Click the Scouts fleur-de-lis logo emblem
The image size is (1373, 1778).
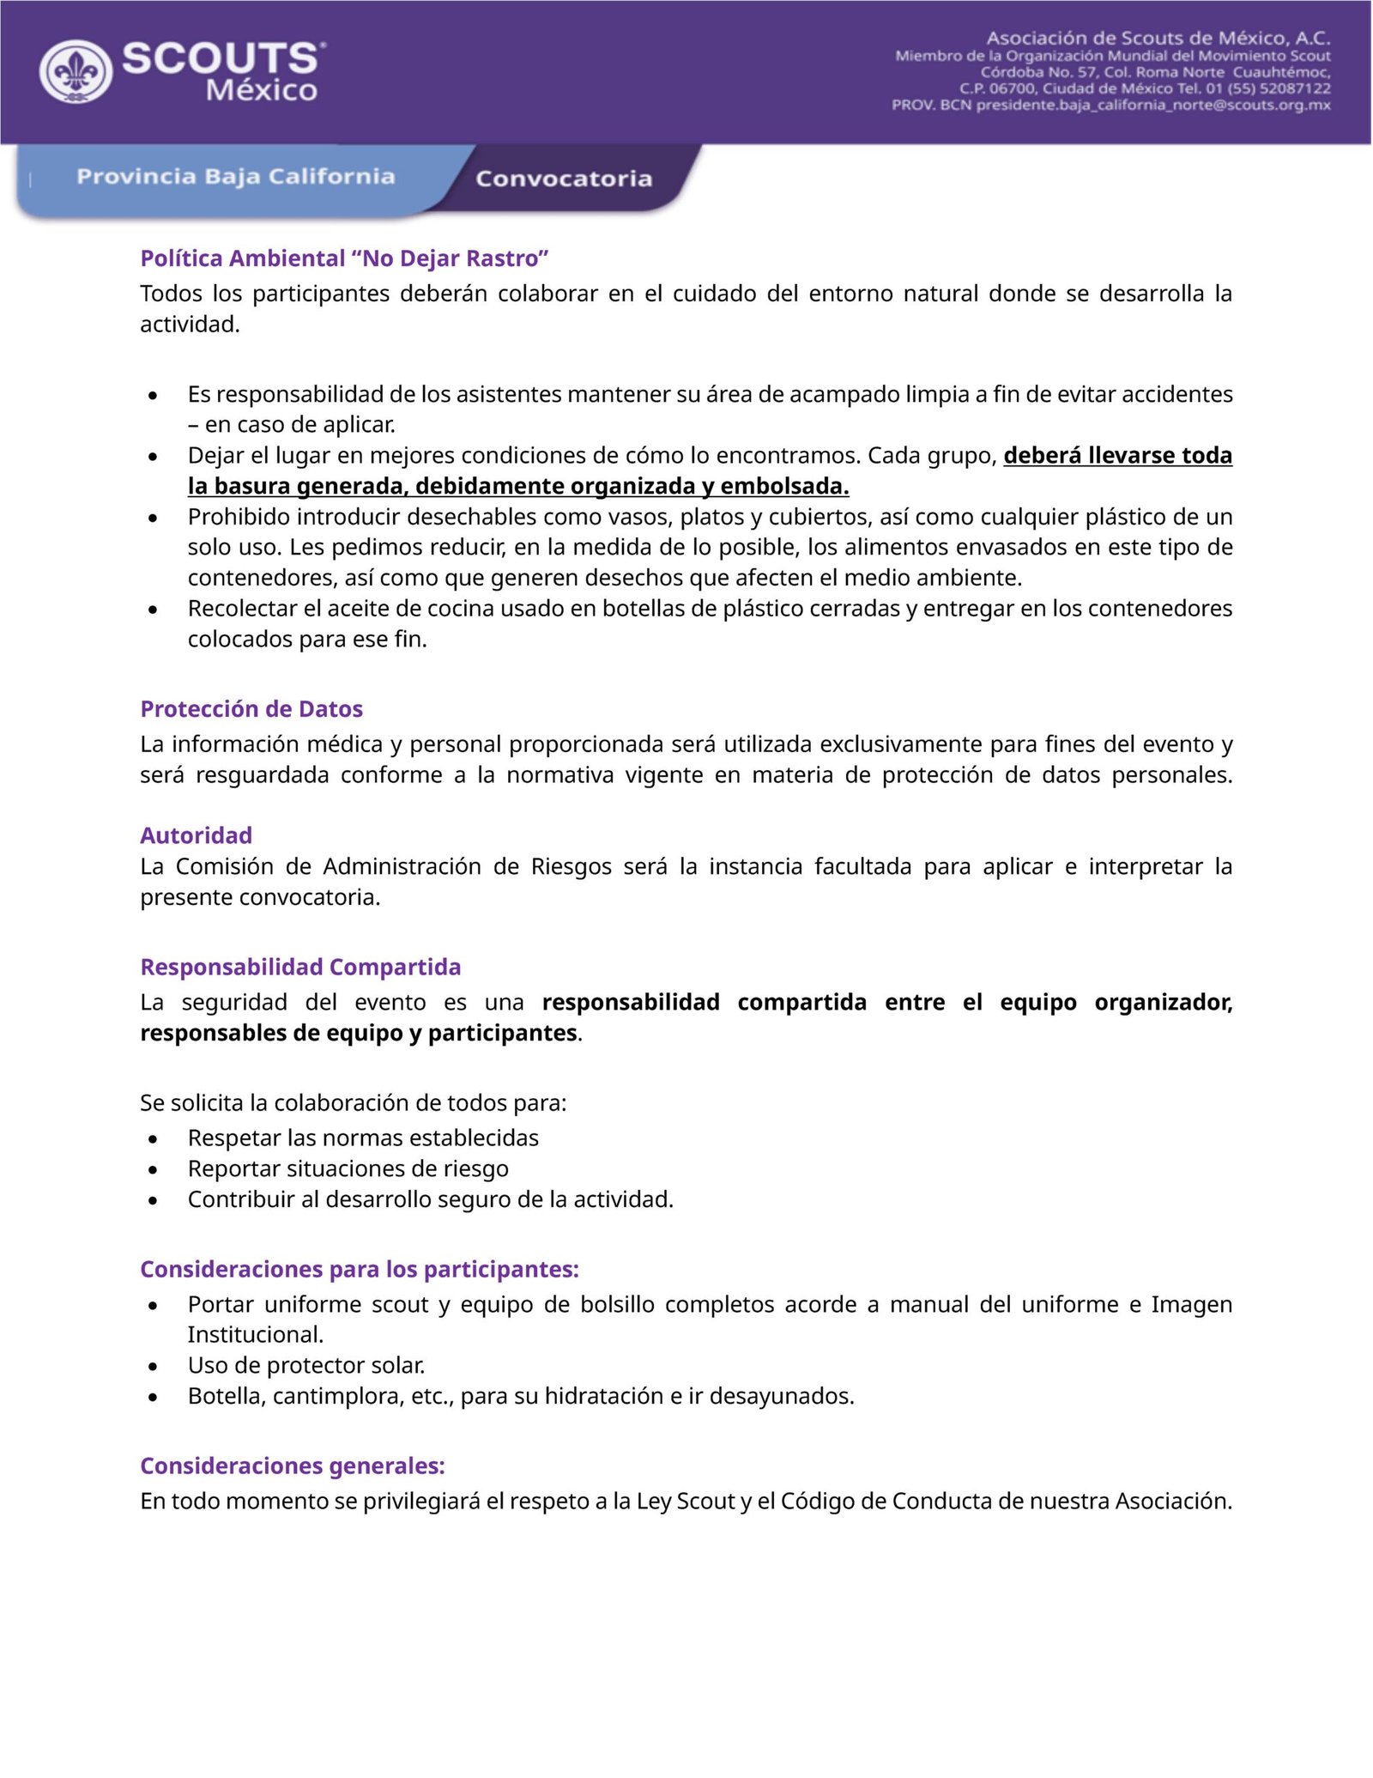pos(76,72)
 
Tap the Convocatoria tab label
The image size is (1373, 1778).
pos(564,179)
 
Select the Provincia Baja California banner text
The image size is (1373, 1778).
pos(235,176)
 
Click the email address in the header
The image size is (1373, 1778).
pos(1153,105)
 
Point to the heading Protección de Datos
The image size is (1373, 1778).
pos(251,709)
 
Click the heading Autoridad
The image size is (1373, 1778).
pos(196,835)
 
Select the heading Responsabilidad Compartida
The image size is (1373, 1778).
pos(300,967)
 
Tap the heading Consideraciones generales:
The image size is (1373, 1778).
pos(293,1465)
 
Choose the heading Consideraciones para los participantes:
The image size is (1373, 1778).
pos(360,1269)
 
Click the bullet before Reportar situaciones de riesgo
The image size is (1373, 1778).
pos(153,1169)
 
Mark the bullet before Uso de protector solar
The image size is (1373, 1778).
pos(153,1366)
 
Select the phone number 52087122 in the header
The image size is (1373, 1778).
pos(1295,88)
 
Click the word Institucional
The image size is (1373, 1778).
pos(255,1335)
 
